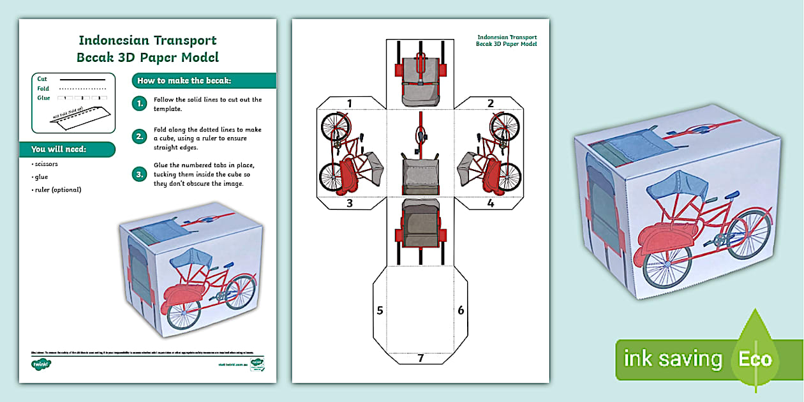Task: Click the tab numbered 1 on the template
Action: (x=349, y=103)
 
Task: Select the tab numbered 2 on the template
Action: (x=490, y=103)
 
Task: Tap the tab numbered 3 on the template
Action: (x=349, y=204)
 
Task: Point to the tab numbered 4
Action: (x=490, y=204)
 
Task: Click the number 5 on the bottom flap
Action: (x=380, y=311)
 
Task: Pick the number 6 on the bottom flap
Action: (x=460, y=311)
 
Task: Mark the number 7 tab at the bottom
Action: (x=420, y=358)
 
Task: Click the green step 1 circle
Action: (x=139, y=103)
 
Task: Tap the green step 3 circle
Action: (x=139, y=173)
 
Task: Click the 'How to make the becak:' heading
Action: (x=184, y=80)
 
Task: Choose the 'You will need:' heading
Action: (x=59, y=149)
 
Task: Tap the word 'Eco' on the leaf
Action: (x=756, y=359)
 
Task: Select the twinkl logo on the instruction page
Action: (x=41, y=364)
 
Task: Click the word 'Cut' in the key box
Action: (x=42, y=79)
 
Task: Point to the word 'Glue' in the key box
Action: (x=43, y=98)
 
